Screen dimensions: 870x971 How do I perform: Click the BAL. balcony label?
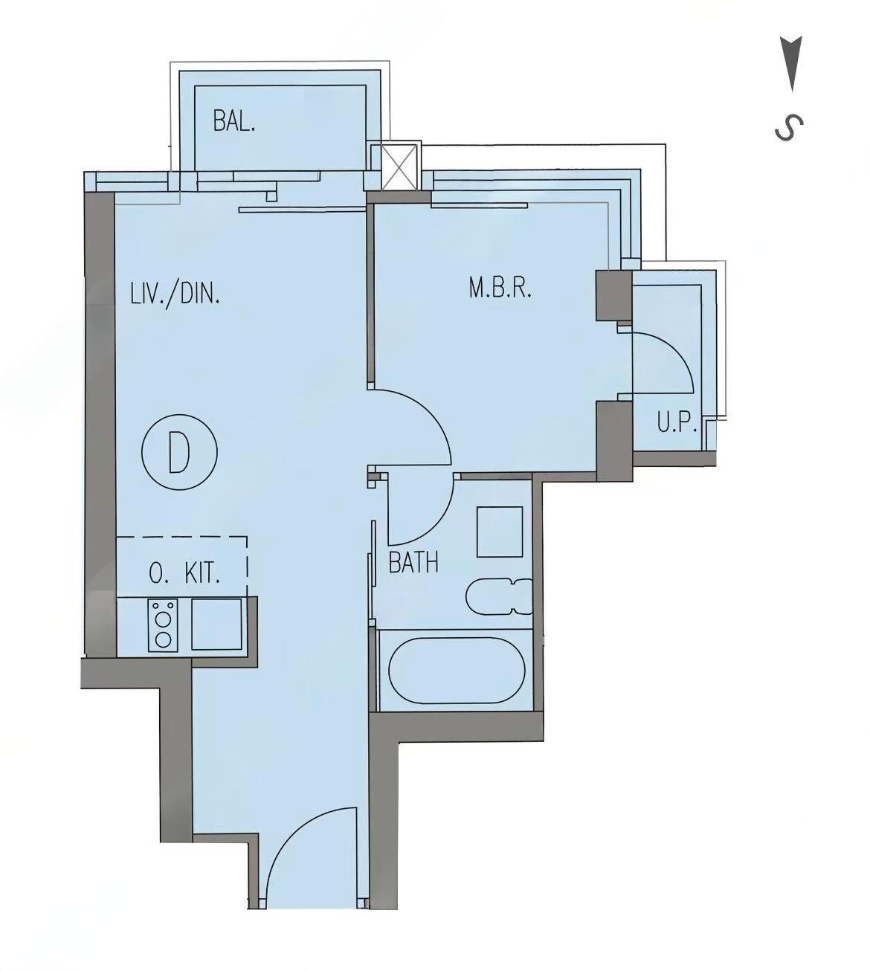pos(234,121)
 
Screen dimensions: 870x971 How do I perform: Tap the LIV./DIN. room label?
pos(175,294)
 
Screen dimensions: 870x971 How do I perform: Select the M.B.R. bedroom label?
pos(500,288)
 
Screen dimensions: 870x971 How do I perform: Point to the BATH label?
pos(413,562)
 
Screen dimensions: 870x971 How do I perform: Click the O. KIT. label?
pos(184,573)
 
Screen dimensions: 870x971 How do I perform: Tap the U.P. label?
pos(677,423)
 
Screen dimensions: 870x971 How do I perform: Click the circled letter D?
pos(180,451)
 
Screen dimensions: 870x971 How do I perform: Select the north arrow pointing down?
pos(791,64)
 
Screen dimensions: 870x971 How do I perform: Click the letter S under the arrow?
pos(789,128)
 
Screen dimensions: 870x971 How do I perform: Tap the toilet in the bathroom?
pos(499,596)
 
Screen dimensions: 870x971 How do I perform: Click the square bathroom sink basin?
pos(500,532)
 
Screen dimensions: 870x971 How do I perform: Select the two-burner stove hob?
pos(163,625)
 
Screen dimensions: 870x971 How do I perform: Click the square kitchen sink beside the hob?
pos(216,624)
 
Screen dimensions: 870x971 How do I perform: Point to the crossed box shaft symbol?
pos(402,167)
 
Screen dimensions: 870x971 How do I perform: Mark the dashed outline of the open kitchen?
pos(247,566)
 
